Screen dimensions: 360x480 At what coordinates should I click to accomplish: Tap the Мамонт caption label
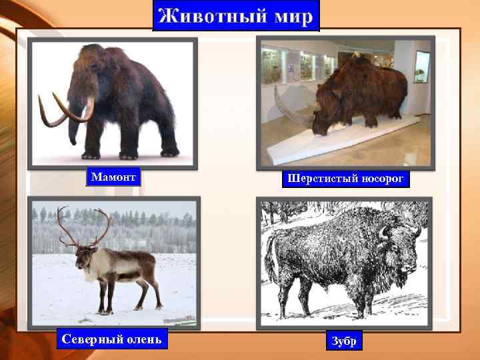click(x=113, y=177)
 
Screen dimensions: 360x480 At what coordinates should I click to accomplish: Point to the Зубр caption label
click(x=345, y=341)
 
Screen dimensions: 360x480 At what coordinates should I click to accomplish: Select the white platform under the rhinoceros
click(x=320, y=143)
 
